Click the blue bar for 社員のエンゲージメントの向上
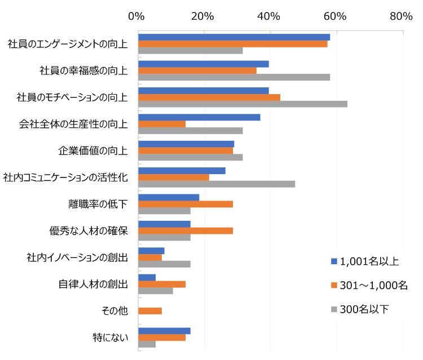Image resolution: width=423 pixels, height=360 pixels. tap(234, 37)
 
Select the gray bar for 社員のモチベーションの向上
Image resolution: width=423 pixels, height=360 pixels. tap(243, 104)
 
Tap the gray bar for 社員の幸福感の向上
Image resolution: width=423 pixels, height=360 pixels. tap(234, 77)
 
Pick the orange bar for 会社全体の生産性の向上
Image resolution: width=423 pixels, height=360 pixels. tap(162, 124)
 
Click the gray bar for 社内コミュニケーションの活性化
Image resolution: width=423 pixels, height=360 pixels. tap(217, 184)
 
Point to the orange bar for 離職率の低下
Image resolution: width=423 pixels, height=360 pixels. tap(186, 204)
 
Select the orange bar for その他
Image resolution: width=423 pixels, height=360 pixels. tap(150, 311)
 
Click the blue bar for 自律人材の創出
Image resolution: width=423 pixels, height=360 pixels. tap(147, 278)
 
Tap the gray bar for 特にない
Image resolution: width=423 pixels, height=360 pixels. tap(147, 344)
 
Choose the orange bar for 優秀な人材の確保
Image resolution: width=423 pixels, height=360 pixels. tap(186, 230)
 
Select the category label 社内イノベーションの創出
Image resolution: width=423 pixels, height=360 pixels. tap(77, 257)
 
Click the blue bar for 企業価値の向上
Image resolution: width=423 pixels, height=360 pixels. tap(186, 144)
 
